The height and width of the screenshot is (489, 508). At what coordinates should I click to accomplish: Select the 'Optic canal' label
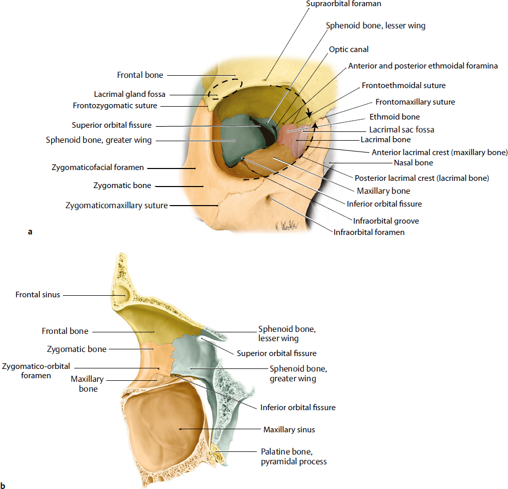tap(349, 49)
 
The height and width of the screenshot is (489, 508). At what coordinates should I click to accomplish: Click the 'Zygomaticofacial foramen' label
tap(97, 167)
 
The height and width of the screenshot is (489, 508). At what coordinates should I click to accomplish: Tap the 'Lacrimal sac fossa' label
tap(401, 129)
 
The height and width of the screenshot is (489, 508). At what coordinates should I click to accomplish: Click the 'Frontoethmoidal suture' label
tap(403, 85)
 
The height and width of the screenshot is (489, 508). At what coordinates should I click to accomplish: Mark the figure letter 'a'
tap(30, 232)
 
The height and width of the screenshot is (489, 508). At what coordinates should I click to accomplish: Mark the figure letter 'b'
tap(4, 484)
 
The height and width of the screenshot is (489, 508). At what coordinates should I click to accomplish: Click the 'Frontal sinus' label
tap(38, 295)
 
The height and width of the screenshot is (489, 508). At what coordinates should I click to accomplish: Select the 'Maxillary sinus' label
tap(289, 429)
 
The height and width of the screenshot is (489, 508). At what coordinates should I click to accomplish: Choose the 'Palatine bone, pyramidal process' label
tap(291, 457)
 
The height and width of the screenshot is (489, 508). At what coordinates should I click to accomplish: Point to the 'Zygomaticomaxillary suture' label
tap(117, 206)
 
